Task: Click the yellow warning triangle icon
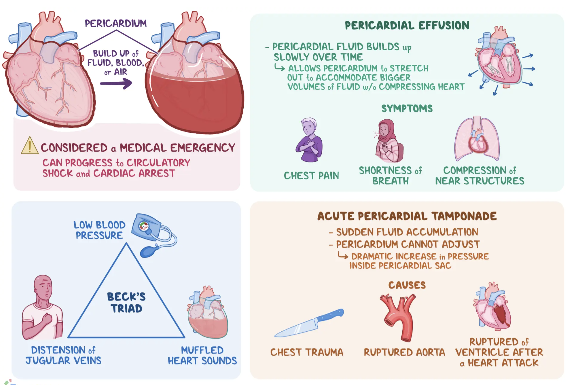click(30, 146)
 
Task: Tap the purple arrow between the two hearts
click(116, 83)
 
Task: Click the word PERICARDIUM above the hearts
click(115, 24)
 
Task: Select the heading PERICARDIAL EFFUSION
click(407, 26)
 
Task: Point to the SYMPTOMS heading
click(407, 109)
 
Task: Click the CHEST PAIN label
click(311, 176)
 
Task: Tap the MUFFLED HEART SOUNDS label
click(202, 355)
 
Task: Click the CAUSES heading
click(407, 285)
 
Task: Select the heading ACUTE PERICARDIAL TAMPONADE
click(407, 216)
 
